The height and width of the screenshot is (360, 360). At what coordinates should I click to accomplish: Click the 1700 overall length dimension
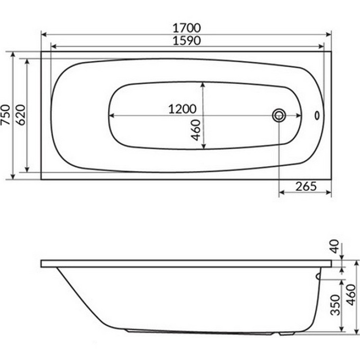tap(187, 28)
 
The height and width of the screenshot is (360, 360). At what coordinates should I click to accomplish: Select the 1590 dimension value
tap(187, 41)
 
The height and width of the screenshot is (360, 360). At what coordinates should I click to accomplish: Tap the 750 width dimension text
tap(6, 115)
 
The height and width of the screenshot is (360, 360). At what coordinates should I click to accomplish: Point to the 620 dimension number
tap(21, 115)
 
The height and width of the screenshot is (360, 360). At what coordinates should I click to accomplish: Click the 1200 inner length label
tap(182, 109)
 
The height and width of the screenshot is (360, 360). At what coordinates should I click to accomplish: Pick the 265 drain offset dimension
tap(306, 186)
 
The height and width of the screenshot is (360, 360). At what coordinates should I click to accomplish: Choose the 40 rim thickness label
tap(335, 246)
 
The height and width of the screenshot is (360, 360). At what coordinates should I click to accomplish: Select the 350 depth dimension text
tap(335, 305)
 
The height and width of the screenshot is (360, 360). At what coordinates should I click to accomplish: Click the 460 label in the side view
tap(351, 295)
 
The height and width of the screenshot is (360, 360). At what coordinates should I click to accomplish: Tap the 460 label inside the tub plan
tap(196, 130)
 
